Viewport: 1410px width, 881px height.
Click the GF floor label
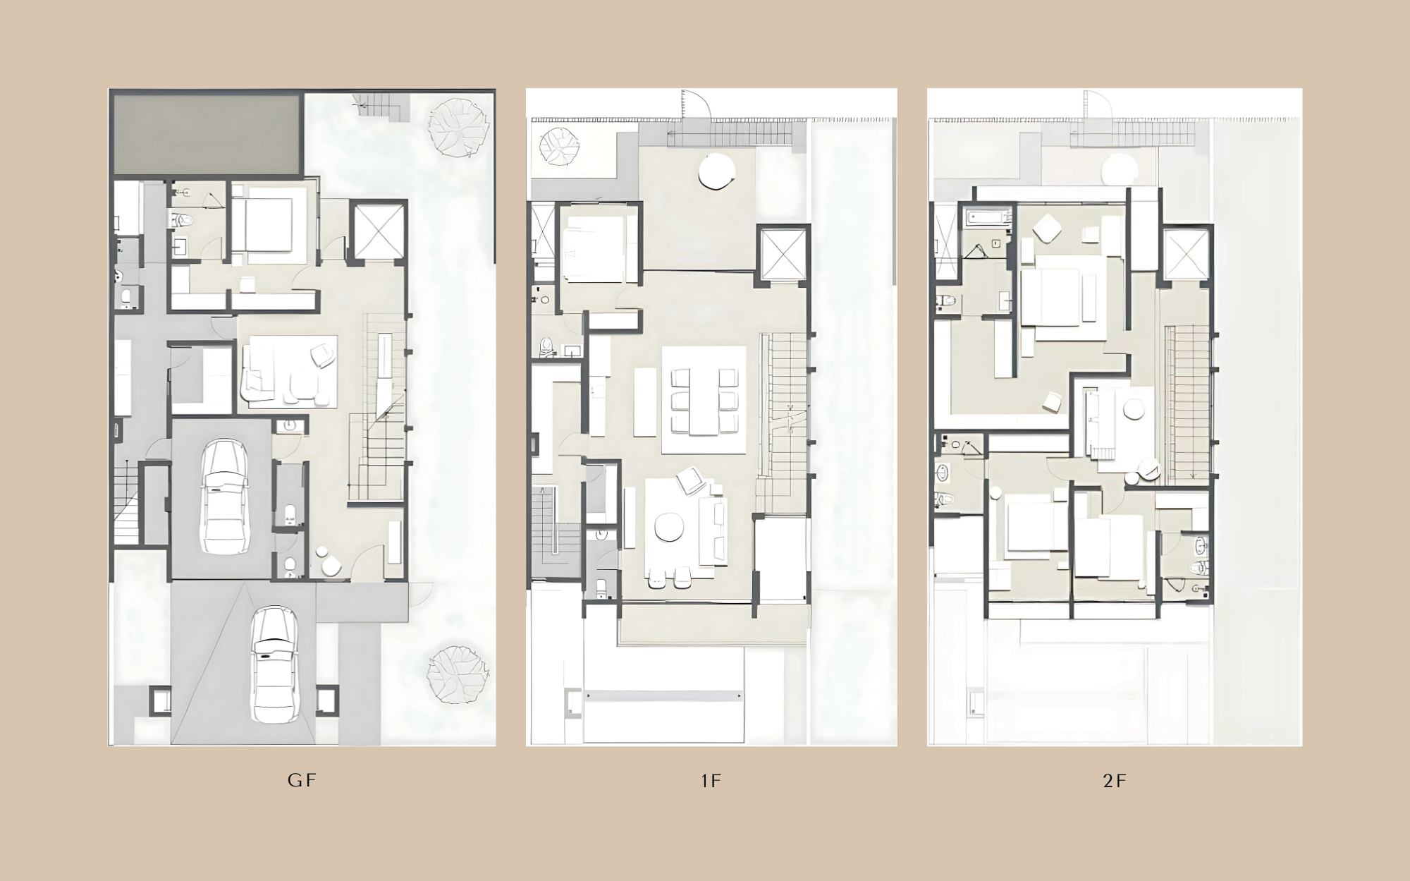point(302,780)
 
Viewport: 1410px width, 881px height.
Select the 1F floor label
point(711,781)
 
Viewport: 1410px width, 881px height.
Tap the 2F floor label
point(1115,781)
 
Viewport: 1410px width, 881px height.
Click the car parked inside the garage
point(225,497)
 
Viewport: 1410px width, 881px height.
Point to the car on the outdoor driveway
point(274,664)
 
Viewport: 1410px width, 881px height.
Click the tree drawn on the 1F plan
point(559,146)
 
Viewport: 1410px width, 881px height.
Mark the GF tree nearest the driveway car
point(458,674)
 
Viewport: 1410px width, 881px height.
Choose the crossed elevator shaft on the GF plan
point(379,231)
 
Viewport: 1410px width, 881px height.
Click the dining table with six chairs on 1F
point(704,400)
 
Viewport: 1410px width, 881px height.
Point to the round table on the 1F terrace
point(717,171)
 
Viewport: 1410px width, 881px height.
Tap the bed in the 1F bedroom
point(594,248)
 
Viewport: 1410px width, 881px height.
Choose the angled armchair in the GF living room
point(323,355)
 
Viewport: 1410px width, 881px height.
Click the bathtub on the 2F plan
point(990,217)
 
